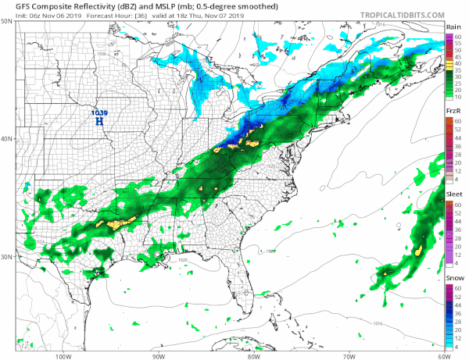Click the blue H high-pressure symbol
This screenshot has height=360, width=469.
coord(99,122)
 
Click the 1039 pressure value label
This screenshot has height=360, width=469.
coord(99,113)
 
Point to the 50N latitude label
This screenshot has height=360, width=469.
coord(6,21)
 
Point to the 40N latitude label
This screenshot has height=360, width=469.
coord(6,139)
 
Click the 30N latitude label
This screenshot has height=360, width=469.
coord(6,257)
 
